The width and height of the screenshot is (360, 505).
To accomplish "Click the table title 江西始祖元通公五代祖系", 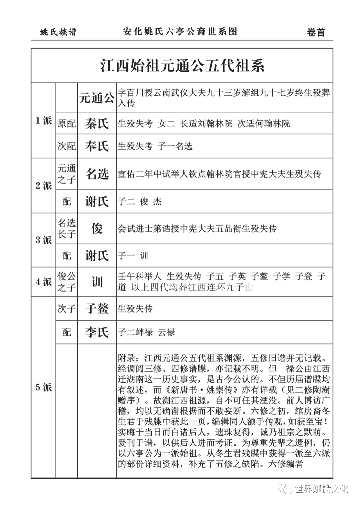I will (182, 66).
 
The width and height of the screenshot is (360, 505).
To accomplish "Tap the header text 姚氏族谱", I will (58, 32).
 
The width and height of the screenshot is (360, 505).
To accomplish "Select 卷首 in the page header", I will (315, 32).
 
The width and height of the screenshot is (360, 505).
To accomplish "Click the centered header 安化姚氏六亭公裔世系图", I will (180, 32).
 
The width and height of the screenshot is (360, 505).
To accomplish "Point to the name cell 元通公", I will (97, 98).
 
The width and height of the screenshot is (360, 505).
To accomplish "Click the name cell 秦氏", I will (97, 124).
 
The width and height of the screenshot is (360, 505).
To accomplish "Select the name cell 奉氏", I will (97, 146).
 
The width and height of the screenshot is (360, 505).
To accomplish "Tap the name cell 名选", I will (97, 174).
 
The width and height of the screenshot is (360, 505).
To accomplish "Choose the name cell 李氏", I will (97, 332).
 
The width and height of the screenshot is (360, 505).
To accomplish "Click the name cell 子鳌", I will (97, 308).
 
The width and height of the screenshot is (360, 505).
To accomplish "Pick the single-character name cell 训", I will (97, 282).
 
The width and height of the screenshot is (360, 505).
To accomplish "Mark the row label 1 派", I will (44, 121).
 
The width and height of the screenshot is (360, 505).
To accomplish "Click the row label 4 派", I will (44, 282).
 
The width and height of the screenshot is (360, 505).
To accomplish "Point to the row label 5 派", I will (44, 387).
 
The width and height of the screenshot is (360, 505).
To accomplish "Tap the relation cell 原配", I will (67, 124).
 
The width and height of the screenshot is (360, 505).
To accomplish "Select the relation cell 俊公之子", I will (67, 282).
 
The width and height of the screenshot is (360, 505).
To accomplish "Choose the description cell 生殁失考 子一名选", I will (155, 146).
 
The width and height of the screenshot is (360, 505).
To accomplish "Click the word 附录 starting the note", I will (127, 358).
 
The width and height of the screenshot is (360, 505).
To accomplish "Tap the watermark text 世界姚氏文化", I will (321, 489).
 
